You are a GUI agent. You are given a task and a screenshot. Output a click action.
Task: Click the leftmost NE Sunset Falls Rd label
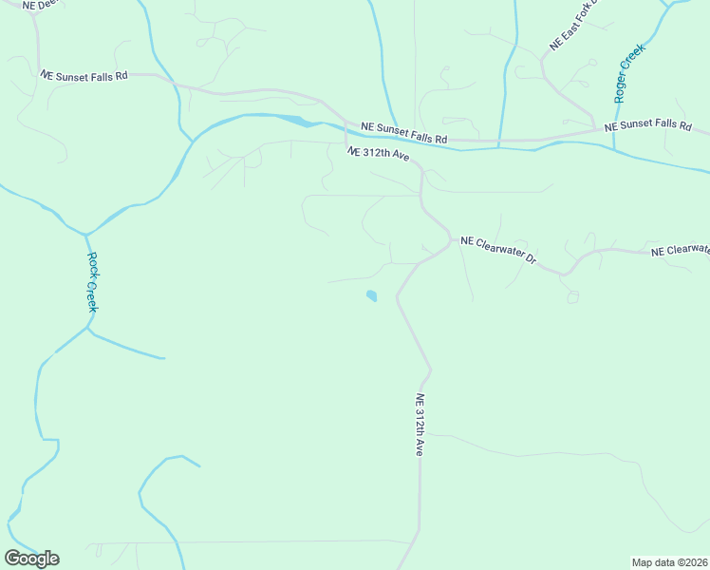tap(84, 73)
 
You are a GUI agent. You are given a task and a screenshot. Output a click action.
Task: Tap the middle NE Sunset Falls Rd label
tap(404, 132)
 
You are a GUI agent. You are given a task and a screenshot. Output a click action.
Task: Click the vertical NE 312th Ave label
tap(418, 426)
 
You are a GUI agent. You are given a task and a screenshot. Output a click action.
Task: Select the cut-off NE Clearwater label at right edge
tap(680, 251)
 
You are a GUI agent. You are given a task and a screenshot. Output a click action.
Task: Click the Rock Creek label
tap(93, 281)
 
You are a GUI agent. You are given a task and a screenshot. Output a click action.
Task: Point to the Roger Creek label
tap(628, 72)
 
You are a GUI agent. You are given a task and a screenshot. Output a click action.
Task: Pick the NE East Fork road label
tap(570, 31)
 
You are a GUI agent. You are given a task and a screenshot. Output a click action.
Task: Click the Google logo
tap(31, 559)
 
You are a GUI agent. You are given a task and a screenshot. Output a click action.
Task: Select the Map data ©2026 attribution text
tap(670, 561)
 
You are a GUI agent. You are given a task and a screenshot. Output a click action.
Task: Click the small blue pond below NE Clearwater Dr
tap(371, 296)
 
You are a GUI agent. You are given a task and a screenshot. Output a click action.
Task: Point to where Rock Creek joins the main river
tap(85, 234)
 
